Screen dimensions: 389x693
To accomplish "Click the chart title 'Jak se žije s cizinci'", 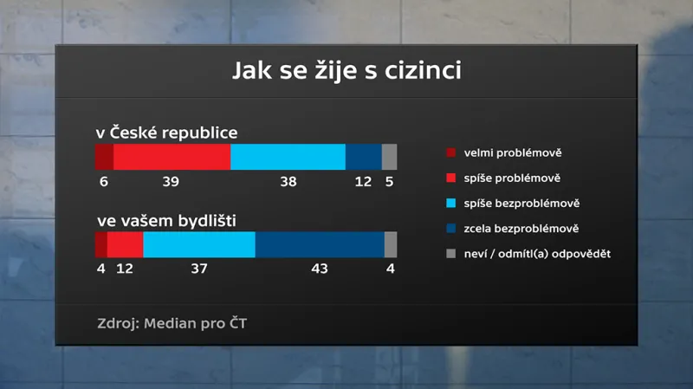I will coord(346,70).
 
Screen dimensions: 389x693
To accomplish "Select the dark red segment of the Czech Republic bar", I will coord(104,157).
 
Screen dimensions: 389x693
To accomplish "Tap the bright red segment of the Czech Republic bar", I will coord(172,157).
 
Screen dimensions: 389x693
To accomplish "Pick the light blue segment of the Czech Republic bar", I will coord(288,157).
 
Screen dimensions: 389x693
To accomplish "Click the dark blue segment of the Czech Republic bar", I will coord(363,157).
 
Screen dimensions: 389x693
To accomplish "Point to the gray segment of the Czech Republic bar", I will coord(389,157).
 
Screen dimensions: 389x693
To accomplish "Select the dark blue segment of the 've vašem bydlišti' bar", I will coord(320,245).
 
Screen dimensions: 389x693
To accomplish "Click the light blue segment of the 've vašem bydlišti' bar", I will coord(199,245).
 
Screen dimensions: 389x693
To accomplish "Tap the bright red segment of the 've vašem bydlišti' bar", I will coord(125,245).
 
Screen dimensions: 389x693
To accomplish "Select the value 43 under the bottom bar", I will coord(320,269).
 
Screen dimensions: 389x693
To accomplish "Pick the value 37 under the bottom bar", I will coord(199,269).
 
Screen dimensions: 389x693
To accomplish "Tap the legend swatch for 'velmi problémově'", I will coord(450,153).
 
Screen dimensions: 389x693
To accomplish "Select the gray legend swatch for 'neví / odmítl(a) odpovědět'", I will coord(450,253).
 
